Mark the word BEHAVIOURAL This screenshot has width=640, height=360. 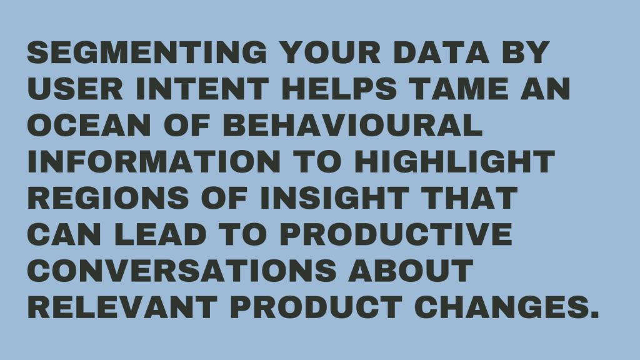(x=353, y=126)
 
